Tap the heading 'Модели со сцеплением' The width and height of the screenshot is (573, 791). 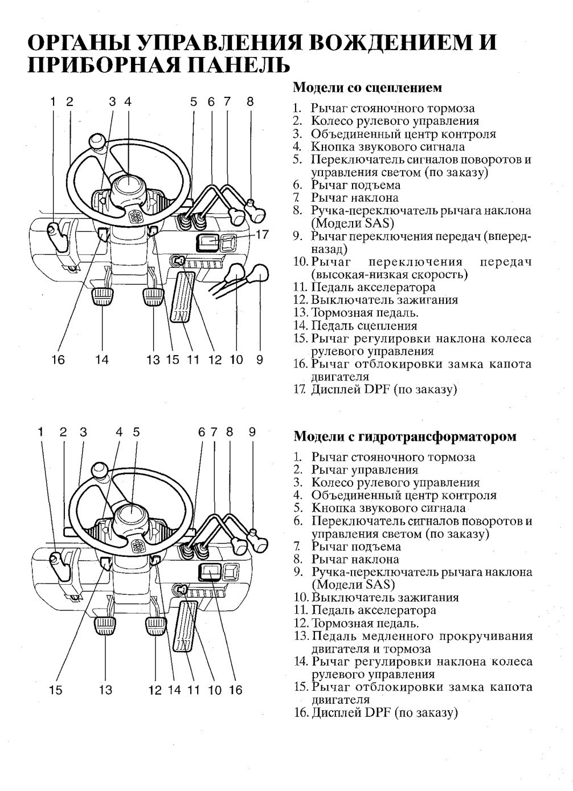click(367, 87)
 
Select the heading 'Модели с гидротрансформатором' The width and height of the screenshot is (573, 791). click(405, 437)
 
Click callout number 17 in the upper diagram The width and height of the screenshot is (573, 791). click(261, 234)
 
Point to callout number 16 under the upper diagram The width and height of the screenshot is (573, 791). click(58, 360)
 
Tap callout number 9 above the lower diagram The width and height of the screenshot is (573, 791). click(252, 432)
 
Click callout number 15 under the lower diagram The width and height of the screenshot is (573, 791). click(56, 690)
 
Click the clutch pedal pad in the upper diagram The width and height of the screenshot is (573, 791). click(103, 296)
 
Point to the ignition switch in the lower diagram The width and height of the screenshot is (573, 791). click(180, 589)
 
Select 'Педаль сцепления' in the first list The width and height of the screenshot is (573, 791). click(364, 325)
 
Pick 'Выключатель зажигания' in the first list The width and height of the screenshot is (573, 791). click(384, 300)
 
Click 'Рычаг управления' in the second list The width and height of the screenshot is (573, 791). click(365, 470)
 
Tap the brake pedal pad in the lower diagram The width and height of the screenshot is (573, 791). click(156, 626)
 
